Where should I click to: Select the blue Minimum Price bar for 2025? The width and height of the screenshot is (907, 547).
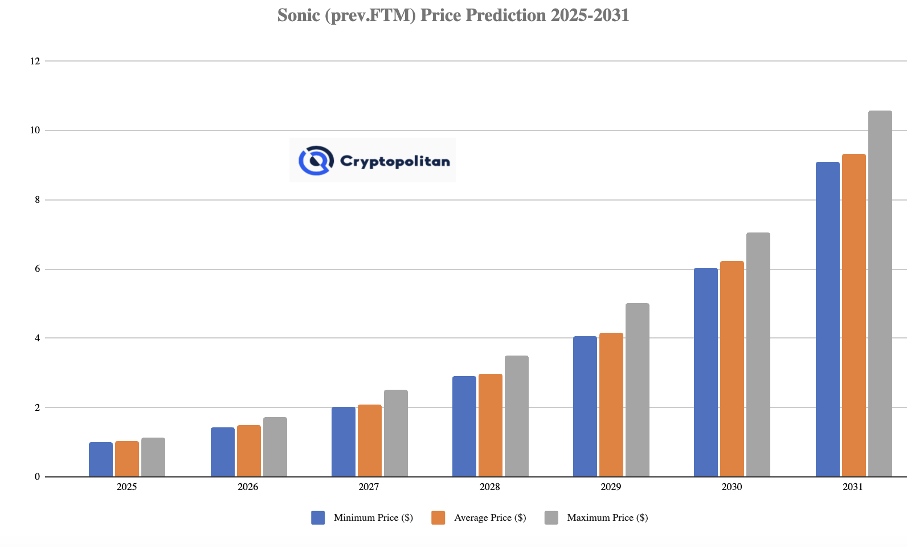click(x=101, y=459)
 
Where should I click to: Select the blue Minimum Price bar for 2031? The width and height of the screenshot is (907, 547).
click(x=827, y=319)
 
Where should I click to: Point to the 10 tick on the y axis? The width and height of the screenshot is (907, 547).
click(x=35, y=130)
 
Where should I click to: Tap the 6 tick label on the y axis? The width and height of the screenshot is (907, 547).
click(x=37, y=269)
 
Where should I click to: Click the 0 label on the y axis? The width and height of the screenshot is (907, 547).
click(x=37, y=476)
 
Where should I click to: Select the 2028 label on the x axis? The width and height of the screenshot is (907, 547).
click(x=489, y=487)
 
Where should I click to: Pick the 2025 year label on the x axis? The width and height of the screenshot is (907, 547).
click(x=126, y=487)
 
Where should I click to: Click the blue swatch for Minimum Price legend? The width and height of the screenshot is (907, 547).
click(x=318, y=517)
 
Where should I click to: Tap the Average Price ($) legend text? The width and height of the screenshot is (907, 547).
click(x=490, y=517)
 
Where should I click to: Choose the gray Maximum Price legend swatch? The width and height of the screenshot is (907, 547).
click(x=551, y=517)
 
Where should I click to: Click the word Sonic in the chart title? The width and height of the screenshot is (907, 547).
click(x=299, y=15)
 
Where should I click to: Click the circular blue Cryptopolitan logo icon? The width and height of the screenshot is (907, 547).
click(x=316, y=160)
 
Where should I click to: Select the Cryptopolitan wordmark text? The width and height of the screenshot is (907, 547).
click(x=395, y=161)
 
